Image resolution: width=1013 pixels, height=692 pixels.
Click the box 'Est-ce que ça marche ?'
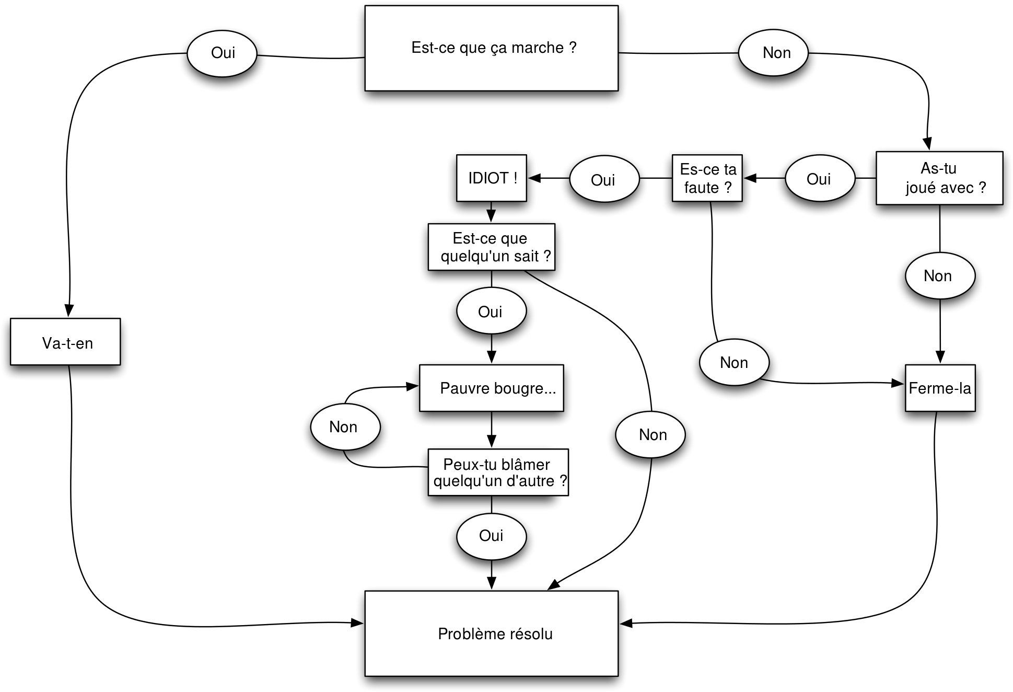pos(491,48)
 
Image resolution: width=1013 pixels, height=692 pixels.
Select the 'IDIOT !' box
pos(491,178)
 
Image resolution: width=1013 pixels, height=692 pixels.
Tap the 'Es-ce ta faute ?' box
pos(707,178)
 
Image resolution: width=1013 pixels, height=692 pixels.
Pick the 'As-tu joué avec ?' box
pos(939,178)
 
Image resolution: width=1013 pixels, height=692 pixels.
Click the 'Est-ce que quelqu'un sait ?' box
pos(491,247)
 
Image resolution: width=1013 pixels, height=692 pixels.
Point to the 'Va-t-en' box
pos(65,342)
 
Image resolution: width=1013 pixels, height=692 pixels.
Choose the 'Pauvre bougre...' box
pos(491,388)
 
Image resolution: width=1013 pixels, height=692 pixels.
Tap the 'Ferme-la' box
pos(940,388)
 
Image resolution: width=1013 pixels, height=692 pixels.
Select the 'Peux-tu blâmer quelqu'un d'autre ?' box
pos(498,472)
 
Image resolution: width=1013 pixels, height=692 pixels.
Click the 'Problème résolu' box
pos(491,633)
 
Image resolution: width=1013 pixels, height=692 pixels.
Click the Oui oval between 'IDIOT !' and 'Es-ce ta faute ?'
pos(604,179)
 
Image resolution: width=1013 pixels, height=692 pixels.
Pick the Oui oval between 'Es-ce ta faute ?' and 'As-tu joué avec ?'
pos(820,179)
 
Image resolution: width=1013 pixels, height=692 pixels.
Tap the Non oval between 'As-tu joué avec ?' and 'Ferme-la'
pos(940,276)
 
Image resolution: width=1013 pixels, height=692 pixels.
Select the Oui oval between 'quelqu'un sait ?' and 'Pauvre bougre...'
pos(491,311)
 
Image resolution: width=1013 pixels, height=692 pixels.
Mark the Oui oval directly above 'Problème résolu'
pos(491,537)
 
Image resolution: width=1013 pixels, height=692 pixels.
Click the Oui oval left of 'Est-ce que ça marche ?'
pos(222,53)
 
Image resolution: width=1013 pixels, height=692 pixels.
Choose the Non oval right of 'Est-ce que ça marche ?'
pos(773,53)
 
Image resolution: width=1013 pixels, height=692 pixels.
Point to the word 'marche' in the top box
pos(537,48)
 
